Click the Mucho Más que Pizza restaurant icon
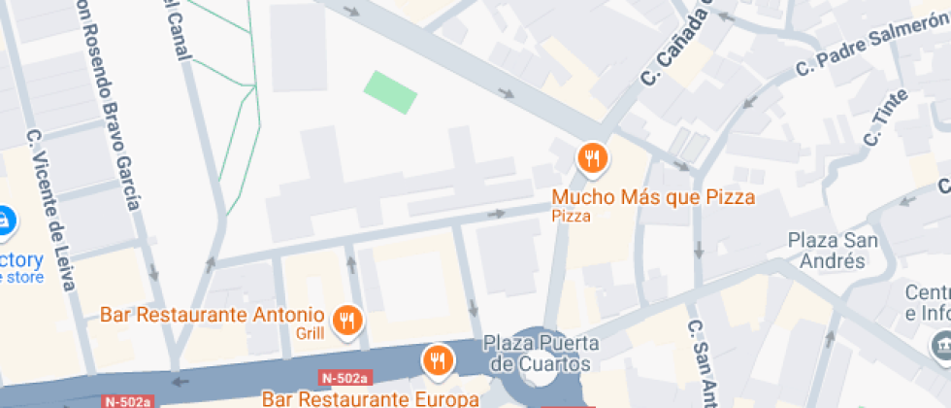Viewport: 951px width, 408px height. coord(592,157)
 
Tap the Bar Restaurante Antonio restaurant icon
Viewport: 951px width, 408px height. coord(346,319)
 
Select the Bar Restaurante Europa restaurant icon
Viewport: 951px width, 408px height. coord(439,361)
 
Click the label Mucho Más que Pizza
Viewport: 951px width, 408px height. coord(653,197)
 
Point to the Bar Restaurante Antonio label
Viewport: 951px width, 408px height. coord(212,315)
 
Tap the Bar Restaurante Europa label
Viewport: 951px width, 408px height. coord(371,398)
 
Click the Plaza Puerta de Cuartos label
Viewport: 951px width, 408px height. coord(541,354)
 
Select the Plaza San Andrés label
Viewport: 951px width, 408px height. coord(826,251)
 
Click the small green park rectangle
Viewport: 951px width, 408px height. coord(390,91)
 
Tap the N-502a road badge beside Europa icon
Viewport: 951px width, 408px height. coord(344,378)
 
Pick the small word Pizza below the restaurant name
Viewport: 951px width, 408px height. coord(572,216)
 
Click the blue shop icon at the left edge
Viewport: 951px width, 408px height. coord(4,221)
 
